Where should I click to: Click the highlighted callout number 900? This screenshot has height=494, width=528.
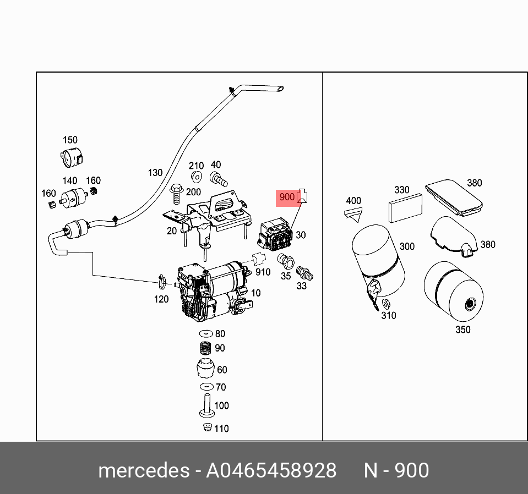[287, 197]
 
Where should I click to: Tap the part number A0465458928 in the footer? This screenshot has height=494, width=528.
[271, 471]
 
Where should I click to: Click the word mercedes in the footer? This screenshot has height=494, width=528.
[143, 471]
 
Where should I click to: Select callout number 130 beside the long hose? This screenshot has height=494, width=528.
[155, 173]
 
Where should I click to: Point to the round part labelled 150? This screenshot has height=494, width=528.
[70, 158]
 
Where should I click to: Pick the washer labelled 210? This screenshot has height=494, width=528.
[196, 177]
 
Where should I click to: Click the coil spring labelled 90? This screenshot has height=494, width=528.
[205, 348]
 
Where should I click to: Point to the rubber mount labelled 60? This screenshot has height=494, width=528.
[205, 369]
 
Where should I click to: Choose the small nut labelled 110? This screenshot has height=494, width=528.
[206, 428]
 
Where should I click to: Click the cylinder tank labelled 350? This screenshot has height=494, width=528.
[453, 293]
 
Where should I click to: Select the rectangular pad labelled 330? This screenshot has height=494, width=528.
[405, 208]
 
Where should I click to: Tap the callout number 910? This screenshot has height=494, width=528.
[263, 271]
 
